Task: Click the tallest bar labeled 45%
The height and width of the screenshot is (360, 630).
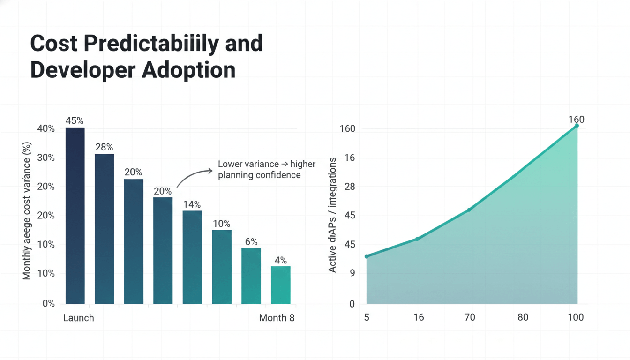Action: click(75, 216)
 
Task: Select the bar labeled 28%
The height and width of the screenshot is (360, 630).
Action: click(104, 229)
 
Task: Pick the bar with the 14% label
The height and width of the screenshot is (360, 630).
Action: click(192, 257)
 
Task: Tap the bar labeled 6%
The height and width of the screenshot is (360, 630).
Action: click(251, 276)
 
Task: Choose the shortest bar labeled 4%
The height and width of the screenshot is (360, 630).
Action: click(280, 285)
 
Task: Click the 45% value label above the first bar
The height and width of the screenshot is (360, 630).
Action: click(75, 120)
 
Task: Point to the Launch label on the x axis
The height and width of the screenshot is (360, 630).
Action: click(78, 318)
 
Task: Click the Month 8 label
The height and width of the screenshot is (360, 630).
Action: click(277, 318)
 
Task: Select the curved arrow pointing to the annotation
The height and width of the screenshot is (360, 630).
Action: click(193, 177)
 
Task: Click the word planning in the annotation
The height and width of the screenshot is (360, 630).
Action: click(236, 175)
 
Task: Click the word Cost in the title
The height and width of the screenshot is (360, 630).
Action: click(53, 43)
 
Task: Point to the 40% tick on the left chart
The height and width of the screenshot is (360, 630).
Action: click(46, 129)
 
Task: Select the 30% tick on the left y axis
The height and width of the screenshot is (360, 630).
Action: click(46, 158)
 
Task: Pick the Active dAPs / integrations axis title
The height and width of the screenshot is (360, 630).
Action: click(332, 215)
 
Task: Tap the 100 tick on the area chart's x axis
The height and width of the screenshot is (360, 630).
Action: click(576, 317)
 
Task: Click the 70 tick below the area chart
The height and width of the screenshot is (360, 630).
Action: click(470, 317)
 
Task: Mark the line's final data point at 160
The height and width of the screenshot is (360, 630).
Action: click(577, 126)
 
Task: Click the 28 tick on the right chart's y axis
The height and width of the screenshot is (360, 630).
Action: click(350, 187)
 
